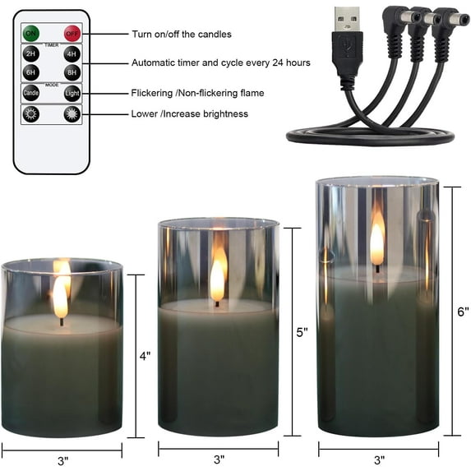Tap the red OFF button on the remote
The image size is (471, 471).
72,34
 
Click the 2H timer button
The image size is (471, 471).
31,55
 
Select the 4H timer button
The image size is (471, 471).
72,55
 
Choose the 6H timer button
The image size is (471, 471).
31,73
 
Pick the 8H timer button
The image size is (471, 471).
72,73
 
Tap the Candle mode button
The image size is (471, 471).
31,94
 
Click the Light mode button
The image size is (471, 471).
72,94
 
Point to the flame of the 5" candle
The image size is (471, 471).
218,277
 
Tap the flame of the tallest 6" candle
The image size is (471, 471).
376,240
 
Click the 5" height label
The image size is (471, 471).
302,332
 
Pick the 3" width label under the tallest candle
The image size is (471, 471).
380,459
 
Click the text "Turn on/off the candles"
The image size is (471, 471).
182,35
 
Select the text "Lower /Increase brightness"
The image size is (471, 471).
189,113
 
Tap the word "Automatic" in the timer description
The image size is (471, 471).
155,63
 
